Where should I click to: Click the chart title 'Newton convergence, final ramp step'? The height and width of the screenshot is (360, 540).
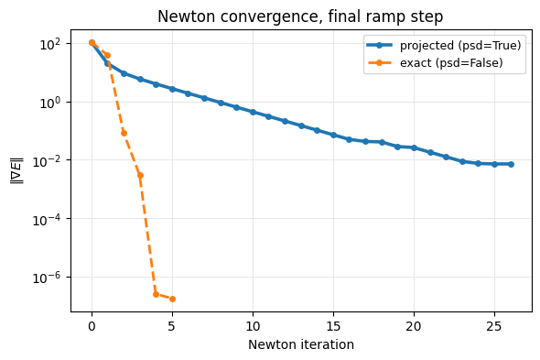tap(300, 16)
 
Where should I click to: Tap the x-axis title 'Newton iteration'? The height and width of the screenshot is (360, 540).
tap(301, 344)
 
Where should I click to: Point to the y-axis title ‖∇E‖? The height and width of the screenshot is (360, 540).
tap(17, 170)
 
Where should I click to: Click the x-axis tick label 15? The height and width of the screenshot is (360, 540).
tap(333, 326)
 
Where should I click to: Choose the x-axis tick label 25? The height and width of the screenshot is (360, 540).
tap(494, 326)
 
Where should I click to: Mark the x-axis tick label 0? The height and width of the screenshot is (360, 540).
tap(92, 326)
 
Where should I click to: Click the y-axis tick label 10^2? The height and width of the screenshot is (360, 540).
tap(50, 44)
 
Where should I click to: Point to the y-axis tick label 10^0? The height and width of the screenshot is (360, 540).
tap(50, 103)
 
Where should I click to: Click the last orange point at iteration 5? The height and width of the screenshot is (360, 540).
tap(172, 299)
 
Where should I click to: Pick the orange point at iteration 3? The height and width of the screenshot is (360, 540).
tap(140, 175)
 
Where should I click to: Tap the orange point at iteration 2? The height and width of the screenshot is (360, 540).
tap(124, 133)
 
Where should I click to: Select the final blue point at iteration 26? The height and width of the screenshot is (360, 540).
tap(511, 164)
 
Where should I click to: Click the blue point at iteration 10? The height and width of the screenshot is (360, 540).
tap(253, 112)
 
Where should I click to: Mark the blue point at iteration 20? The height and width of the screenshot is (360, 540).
tap(414, 147)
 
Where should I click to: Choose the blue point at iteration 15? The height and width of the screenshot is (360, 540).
tap(333, 135)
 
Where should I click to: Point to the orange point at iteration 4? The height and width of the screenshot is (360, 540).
tap(156, 294)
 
